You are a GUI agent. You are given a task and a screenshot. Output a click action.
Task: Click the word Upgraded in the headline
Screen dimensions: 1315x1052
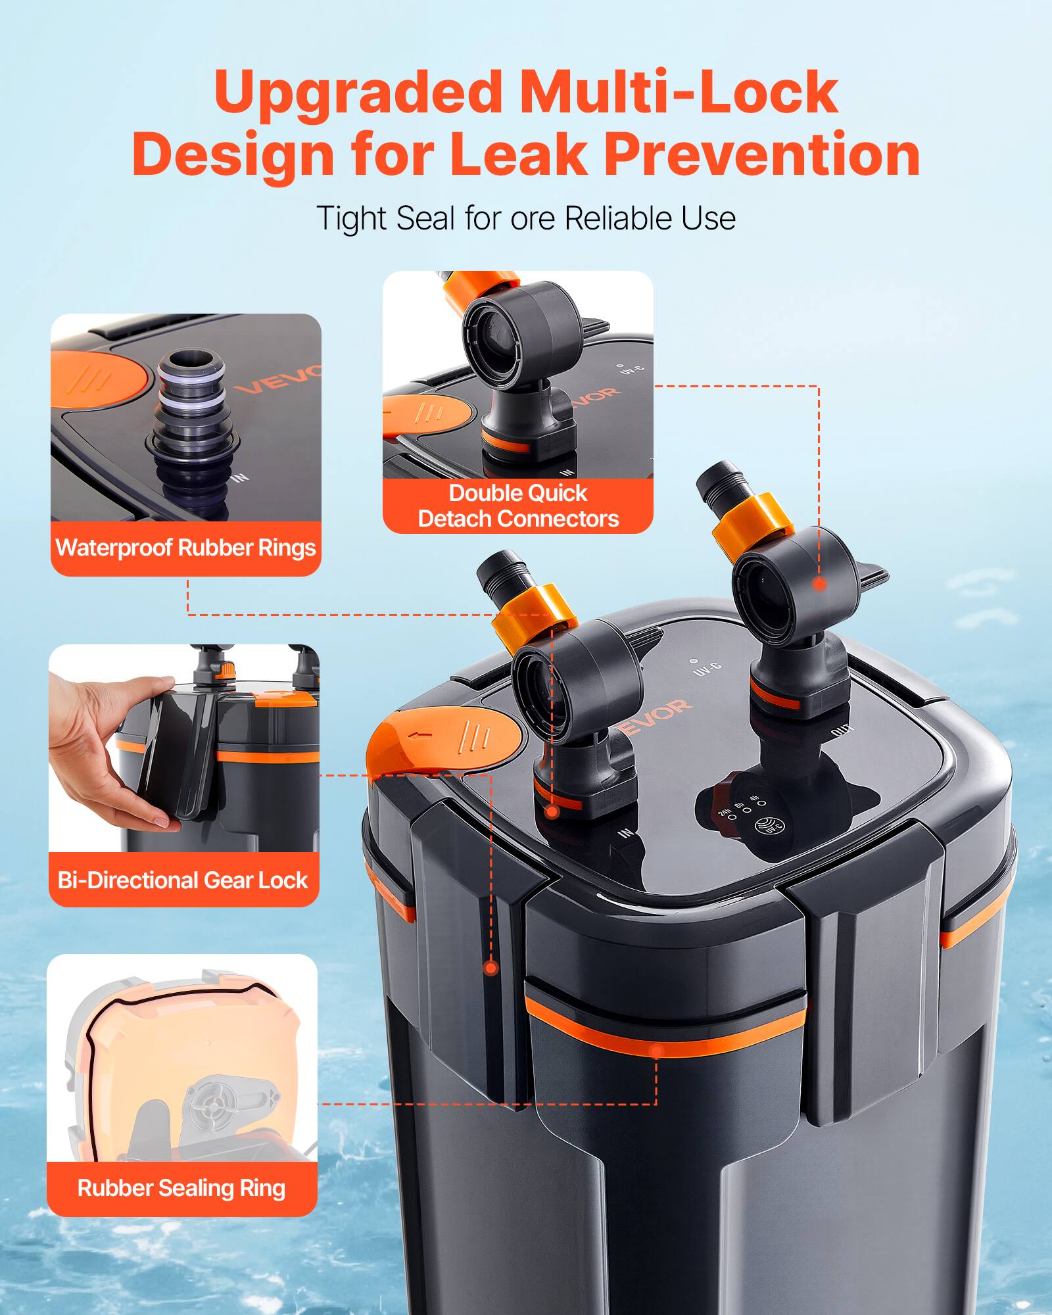tap(358, 93)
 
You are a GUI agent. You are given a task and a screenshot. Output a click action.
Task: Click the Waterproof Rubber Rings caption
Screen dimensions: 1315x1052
tap(185, 548)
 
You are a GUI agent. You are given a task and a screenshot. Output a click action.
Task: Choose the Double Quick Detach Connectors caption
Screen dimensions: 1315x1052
tap(518, 506)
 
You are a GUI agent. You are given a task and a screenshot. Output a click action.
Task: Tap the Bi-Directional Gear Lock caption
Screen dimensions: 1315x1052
tap(183, 880)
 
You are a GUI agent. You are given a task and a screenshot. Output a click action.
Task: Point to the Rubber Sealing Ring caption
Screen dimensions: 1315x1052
tap(181, 1188)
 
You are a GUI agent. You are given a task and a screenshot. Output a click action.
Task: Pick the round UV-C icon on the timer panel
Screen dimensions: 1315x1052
tap(770, 826)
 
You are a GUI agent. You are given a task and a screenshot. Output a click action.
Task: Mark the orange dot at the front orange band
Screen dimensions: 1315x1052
tap(656, 1050)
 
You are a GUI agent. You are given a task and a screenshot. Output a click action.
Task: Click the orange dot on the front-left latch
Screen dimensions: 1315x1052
tap(490, 967)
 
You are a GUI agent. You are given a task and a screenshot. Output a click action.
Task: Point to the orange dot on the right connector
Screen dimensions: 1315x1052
tap(819, 583)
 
